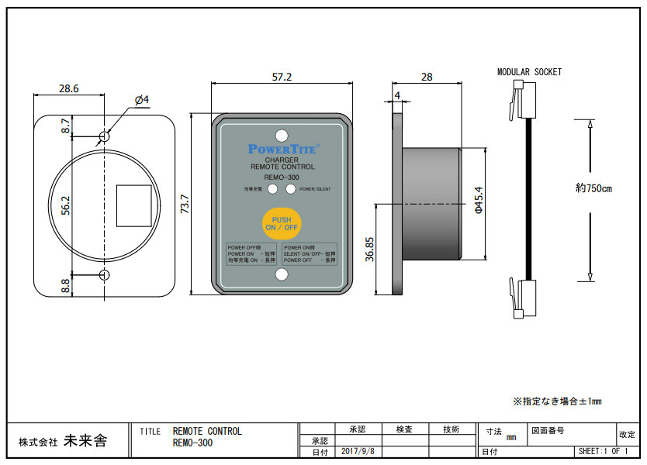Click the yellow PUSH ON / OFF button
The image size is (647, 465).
pos(282,223)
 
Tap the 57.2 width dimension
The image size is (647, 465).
pos(282,77)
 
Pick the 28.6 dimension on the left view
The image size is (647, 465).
pos(69,88)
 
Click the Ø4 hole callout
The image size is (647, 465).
pos(141,99)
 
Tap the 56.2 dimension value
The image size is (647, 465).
pos(66,205)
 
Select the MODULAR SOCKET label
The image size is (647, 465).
pos(529,72)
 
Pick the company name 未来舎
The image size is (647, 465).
pos(85,441)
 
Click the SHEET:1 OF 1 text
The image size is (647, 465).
pos(602,451)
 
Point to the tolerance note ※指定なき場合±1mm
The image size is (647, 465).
pos(557,401)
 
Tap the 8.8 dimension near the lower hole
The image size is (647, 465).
pos(66,285)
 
